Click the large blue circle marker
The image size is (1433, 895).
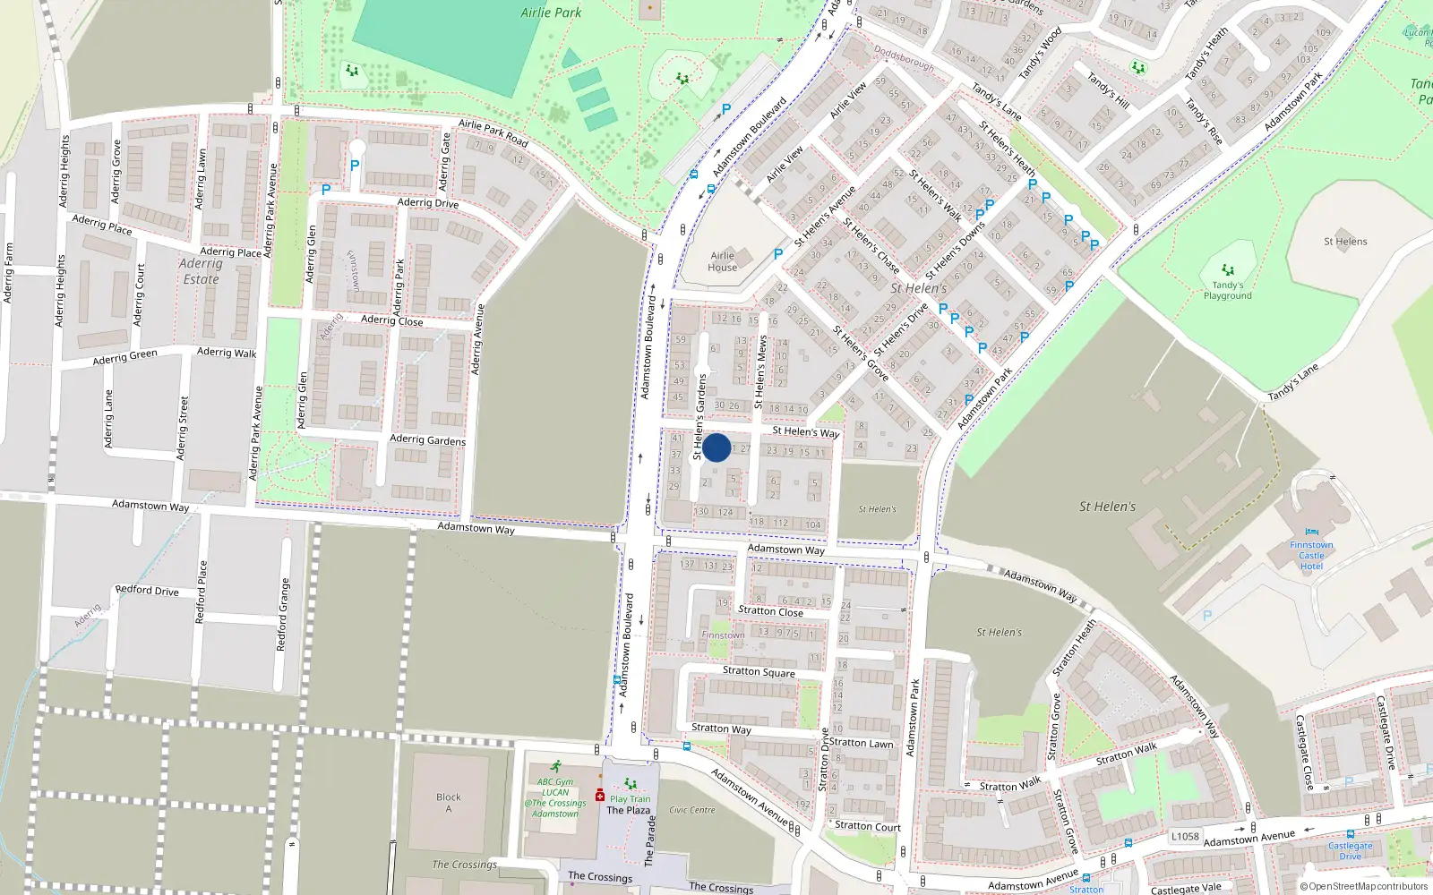click(716, 447)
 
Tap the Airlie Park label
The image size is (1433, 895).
click(551, 13)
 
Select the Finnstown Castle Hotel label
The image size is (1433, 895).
click(1311, 555)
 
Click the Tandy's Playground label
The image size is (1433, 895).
click(1227, 291)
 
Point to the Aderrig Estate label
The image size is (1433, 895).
click(201, 271)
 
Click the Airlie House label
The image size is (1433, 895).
click(722, 261)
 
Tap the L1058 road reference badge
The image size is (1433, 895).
click(1185, 836)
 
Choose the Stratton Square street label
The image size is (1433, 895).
click(759, 671)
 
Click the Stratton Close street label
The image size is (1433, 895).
click(770, 611)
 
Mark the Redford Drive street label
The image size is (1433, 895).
click(147, 591)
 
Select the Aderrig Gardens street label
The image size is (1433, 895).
click(427, 439)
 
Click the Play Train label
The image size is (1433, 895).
click(630, 799)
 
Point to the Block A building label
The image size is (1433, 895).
click(449, 803)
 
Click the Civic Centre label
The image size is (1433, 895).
click(692, 810)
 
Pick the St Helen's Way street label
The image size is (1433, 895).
click(805, 431)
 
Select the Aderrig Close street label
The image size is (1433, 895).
click(391, 320)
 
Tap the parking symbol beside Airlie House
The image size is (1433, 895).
click(777, 254)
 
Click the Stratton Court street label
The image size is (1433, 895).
click(867, 826)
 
